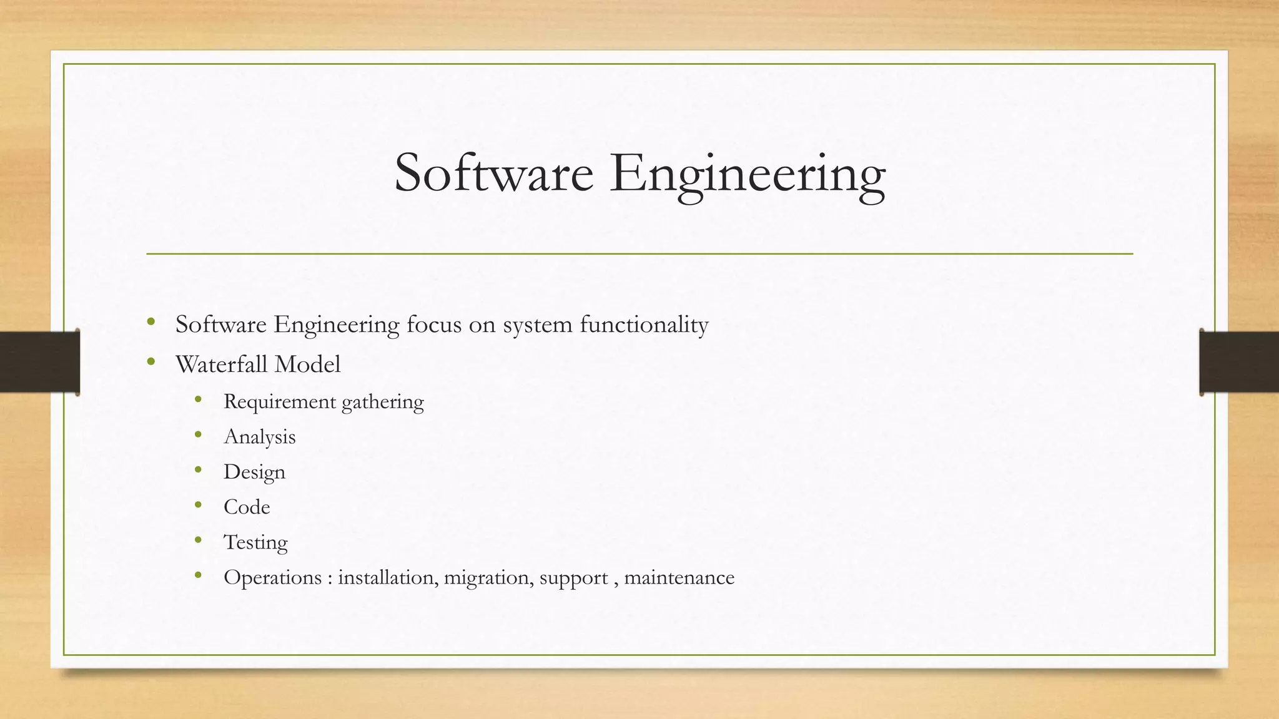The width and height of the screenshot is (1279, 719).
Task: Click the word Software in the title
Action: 493,174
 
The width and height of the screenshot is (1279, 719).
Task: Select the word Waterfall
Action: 222,364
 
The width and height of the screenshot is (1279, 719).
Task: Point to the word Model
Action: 307,364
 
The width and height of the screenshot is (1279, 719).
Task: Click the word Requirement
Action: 280,401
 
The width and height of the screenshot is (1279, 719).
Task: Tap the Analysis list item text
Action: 259,437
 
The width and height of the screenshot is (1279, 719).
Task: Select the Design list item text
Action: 254,472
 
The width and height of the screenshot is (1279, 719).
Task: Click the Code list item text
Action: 247,507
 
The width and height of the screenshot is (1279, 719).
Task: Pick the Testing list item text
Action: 255,542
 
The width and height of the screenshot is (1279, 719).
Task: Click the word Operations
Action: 273,578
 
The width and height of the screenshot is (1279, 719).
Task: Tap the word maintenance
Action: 679,578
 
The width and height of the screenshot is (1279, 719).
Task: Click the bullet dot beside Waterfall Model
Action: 151,362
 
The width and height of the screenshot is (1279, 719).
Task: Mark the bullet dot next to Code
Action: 199,505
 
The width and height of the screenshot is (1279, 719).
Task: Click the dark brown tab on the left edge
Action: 39,362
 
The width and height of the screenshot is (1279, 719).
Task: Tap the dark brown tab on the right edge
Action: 1239,362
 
